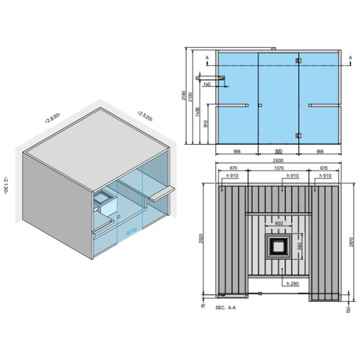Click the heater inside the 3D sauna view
pyautogui.click(x=101, y=199)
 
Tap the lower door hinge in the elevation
pyautogui.click(x=298, y=135)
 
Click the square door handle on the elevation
pyautogui.click(x=259, y=105)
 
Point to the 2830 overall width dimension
pyautogui.click(x=277, y=161)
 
